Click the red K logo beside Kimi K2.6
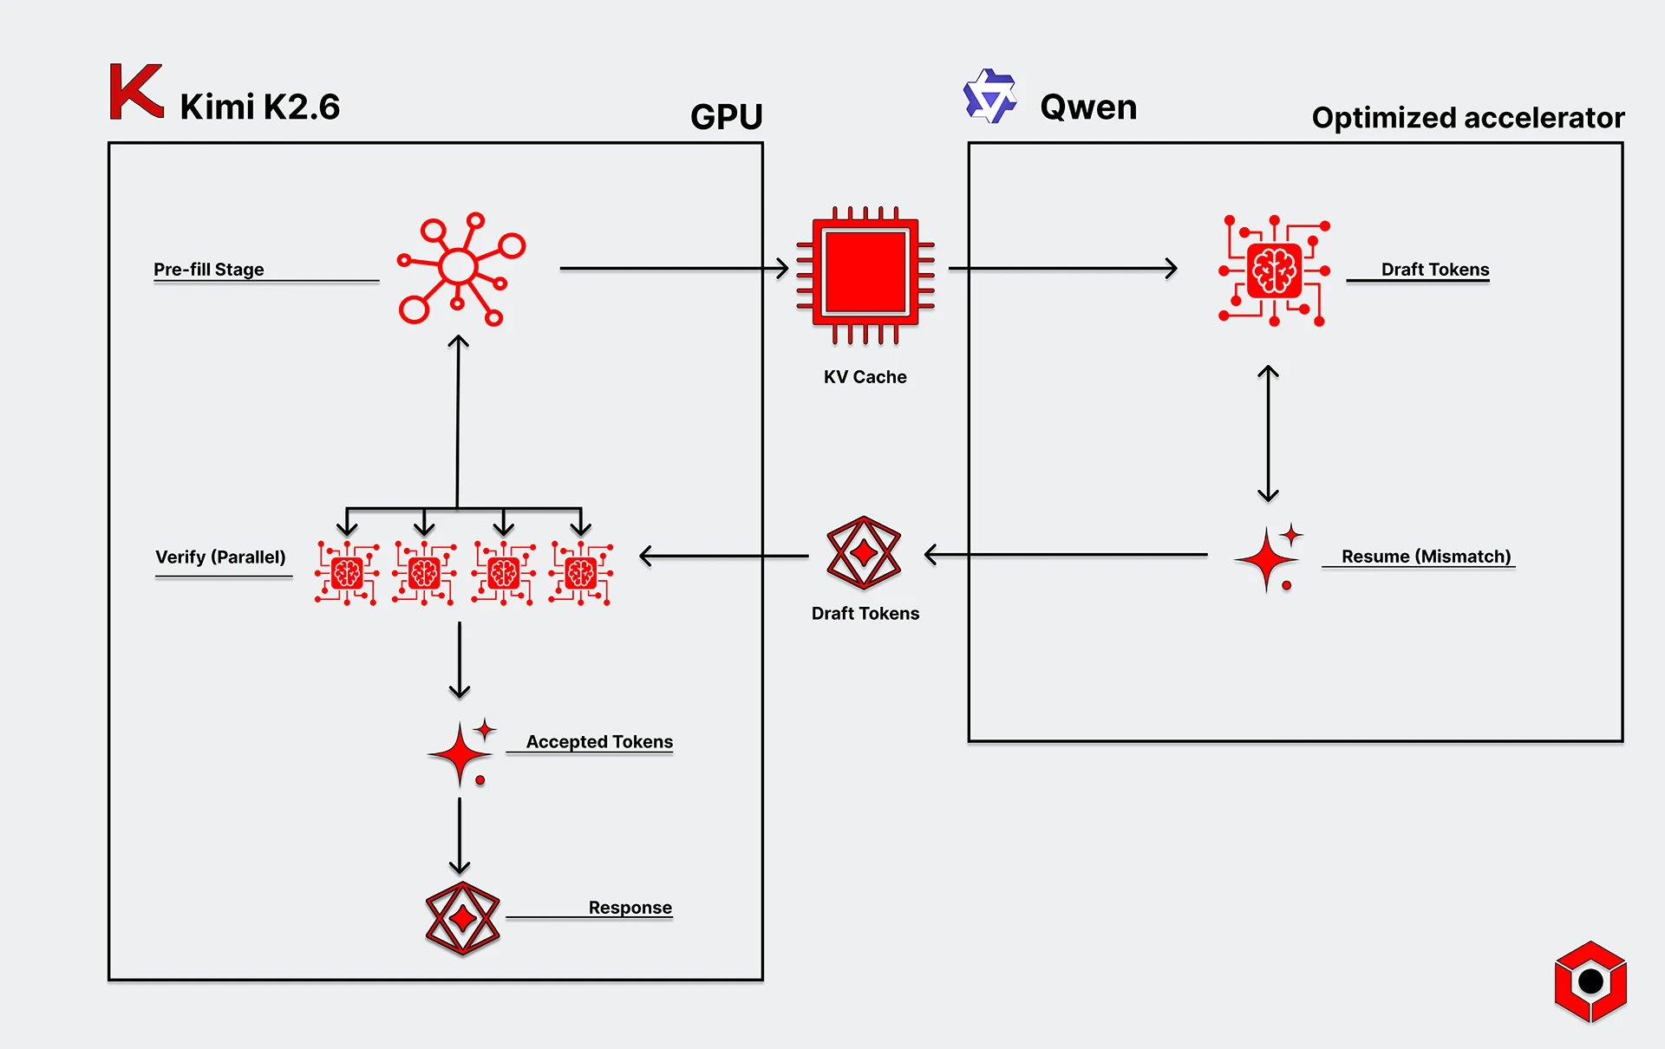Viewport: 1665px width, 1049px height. coord(136,92)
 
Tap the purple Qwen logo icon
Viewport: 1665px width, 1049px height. coord(989,96)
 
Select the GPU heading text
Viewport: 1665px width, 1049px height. coord(726,117)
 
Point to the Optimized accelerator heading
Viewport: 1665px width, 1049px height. coord(1467,118)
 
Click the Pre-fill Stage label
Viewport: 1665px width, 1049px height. coord(209,270)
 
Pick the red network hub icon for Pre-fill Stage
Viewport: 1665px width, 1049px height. coord(460,269)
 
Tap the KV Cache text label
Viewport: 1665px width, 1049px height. coord(865,377)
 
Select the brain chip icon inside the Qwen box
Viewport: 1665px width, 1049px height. coord(1273,270)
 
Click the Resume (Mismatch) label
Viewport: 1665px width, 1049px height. coord(1426,557)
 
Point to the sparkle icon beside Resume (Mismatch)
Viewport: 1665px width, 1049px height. coord(1269,558)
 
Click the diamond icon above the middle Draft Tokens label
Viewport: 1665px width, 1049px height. coord(864,552)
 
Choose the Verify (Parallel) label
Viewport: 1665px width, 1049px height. coord(220,557)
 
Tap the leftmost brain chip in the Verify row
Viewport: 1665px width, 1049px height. coord(347,573)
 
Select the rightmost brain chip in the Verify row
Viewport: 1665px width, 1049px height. coord(581,573)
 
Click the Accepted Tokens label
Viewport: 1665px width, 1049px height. coord(599,742)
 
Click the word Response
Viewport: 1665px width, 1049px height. coord(630,908)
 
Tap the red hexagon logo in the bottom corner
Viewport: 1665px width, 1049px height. coord(1590,981)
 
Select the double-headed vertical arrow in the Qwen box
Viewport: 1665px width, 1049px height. coord(1268,433)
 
